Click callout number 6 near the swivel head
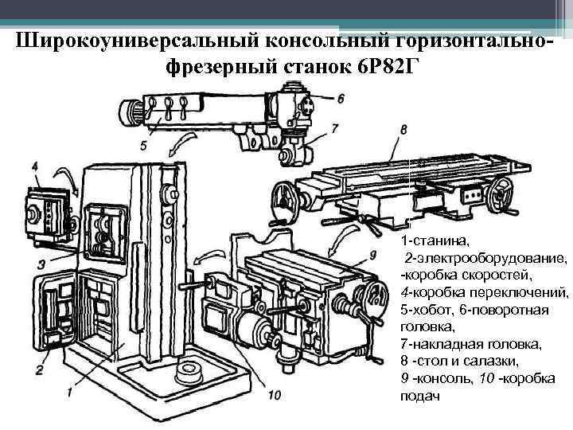tap(340, 98)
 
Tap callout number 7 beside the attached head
tap(334, 127)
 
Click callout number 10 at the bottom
tap(275, 394)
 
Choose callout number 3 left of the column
tap(41, 264)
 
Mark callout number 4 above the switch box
tap(35, 166)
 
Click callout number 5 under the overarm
tap(143, 145)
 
